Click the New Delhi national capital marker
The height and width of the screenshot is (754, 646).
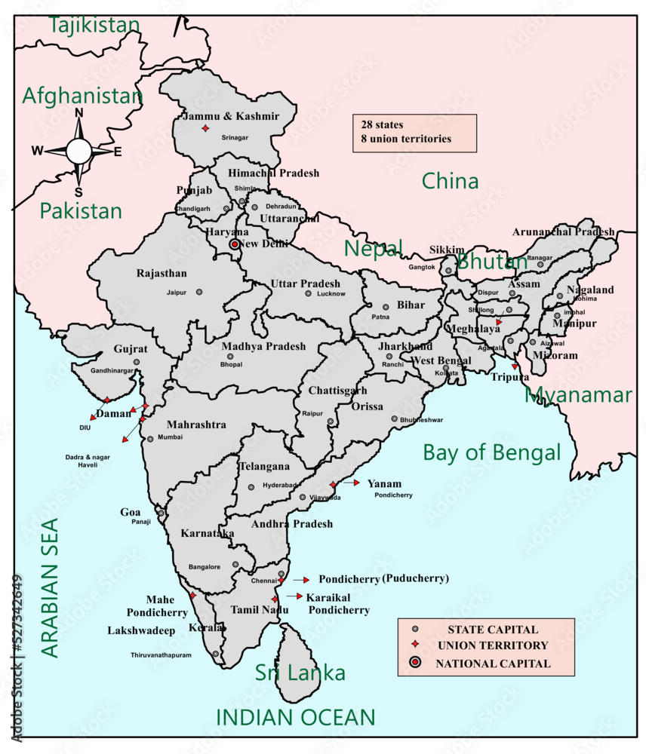[235, 244]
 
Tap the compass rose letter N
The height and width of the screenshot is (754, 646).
[78, 114]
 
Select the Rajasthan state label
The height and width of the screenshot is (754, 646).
[161, 273]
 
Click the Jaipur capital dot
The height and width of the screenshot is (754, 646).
[199, 291]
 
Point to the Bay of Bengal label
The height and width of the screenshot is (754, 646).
[491, 452]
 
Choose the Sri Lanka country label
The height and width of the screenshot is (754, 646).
[300, 673]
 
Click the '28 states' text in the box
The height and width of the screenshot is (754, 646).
[382, 124]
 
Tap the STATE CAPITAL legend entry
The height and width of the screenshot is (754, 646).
[492, 630]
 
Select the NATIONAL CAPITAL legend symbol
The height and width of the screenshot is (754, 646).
[414, 664]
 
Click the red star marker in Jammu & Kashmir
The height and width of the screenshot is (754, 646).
[205, 129]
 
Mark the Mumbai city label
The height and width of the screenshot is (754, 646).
[170, 437]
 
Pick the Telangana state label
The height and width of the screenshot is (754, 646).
[263, 467]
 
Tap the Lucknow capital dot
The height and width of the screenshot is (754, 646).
[308, 293]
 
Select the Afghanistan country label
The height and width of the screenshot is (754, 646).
[82, 97]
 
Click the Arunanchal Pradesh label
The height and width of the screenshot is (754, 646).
[563, 232]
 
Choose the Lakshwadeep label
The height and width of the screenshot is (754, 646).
[141, 630]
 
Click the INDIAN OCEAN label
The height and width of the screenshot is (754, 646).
[295, 718]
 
